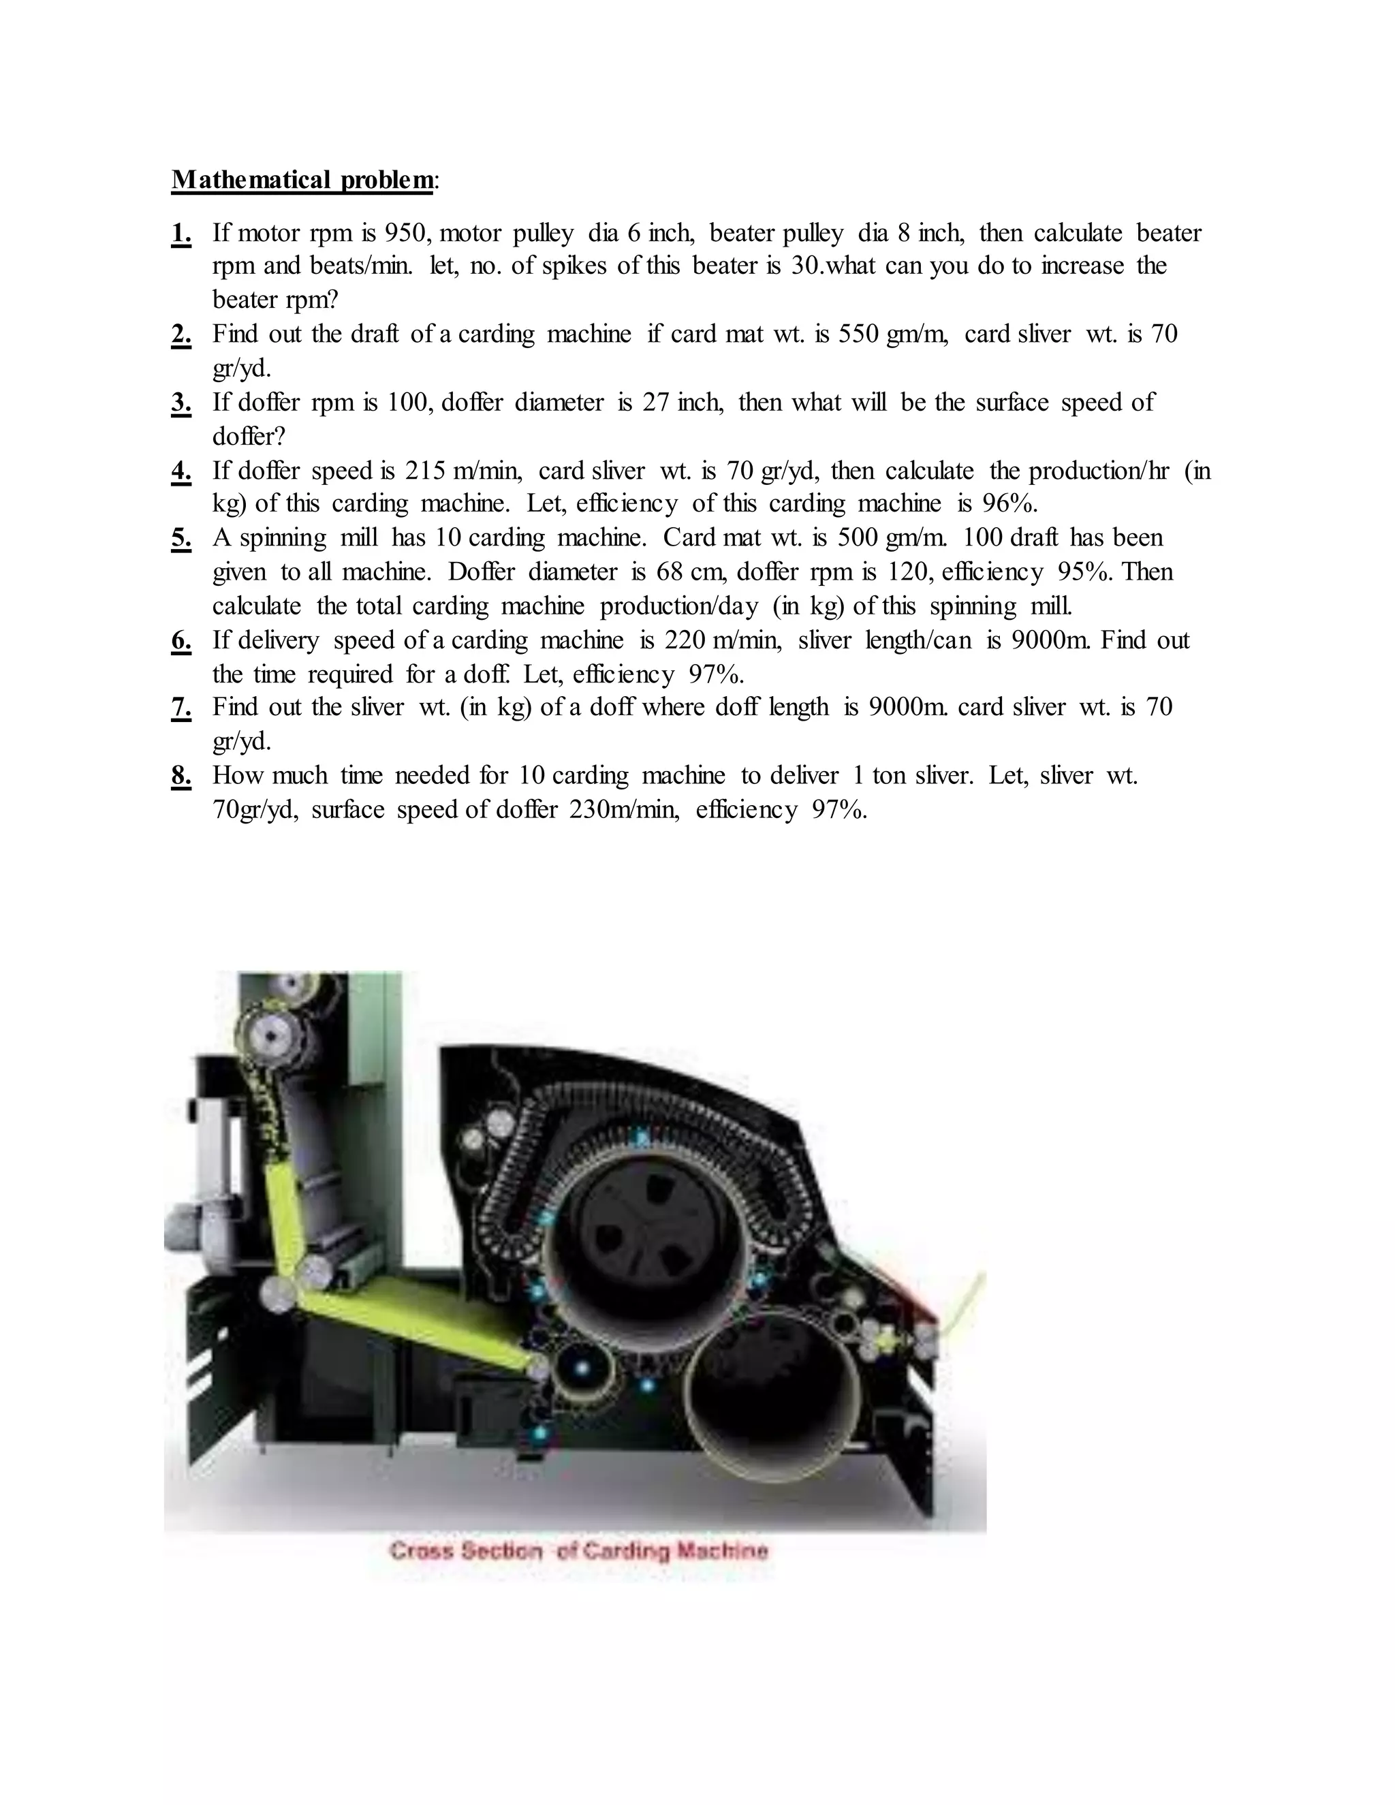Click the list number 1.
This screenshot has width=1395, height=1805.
(x=181, y=234)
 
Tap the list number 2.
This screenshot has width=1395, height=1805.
(x=181, y=334)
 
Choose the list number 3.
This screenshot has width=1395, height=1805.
(x=181, y=403)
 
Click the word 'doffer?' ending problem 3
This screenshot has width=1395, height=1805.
(x=248, y=437)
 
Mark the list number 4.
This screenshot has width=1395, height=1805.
(x=181, y=471)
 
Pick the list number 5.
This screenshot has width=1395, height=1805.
(x=181, y=539)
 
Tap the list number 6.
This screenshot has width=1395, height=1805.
(x=181, y=640)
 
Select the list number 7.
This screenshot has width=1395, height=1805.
(x=181, y=708)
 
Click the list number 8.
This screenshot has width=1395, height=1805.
(x=181, y=776)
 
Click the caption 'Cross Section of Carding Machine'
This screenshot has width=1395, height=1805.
(x=578, y=1551)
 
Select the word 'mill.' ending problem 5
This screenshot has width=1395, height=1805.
(x=1050, y=607)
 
